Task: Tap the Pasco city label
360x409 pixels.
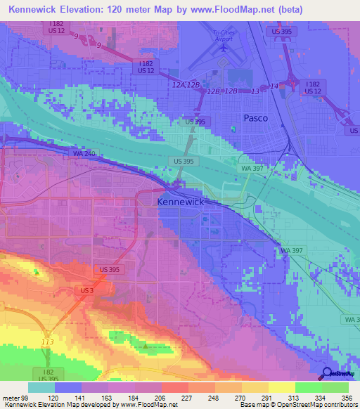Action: click(x=255, y=119)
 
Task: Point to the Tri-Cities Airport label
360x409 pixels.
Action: click(x=222, y=35)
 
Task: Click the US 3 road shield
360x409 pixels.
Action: click(x=85, y=290)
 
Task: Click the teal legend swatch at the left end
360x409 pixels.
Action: click(x=41, y=387)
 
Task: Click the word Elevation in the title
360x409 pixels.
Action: click(x=87, y=8)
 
